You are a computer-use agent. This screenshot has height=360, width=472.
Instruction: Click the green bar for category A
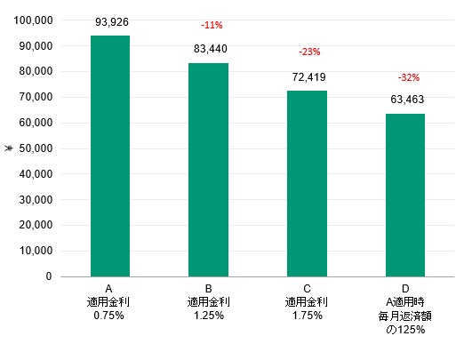pos(110,156)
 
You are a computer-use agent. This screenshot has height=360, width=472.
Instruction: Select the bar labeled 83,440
pos(208,170)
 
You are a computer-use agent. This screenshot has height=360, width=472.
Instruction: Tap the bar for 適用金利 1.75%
pos(307,184)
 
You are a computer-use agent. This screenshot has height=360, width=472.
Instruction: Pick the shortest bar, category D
pos(405,195)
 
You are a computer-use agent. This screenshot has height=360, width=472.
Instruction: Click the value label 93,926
pos(112,22)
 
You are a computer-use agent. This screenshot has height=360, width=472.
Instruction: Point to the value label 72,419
pos(308,77)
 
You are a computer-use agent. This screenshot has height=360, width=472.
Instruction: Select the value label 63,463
pos(407,100)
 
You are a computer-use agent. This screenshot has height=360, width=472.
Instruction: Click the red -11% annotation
pos(212,25)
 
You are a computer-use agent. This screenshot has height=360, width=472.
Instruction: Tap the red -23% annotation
pos(309,52)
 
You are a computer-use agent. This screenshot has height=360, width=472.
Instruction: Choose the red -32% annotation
pos(409,77)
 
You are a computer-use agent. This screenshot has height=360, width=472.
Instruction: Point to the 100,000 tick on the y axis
pos(33,20)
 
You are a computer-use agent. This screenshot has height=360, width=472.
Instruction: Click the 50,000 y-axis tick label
pos(36,148)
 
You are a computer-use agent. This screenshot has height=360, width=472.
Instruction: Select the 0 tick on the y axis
pos(49,276)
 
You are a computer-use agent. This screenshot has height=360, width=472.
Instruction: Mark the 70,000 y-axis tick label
pos(36,97)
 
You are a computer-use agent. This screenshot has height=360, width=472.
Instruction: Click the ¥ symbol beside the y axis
pos(9,148)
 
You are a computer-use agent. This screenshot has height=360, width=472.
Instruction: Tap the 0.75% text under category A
pos(108,316)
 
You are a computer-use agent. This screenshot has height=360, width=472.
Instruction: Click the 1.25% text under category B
pos(209,316)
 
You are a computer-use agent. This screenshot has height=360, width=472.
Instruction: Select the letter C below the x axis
pos(307,289)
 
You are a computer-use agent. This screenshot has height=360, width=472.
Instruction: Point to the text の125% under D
pos(405,330)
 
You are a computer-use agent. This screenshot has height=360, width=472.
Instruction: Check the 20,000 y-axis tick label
pos(36,225)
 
